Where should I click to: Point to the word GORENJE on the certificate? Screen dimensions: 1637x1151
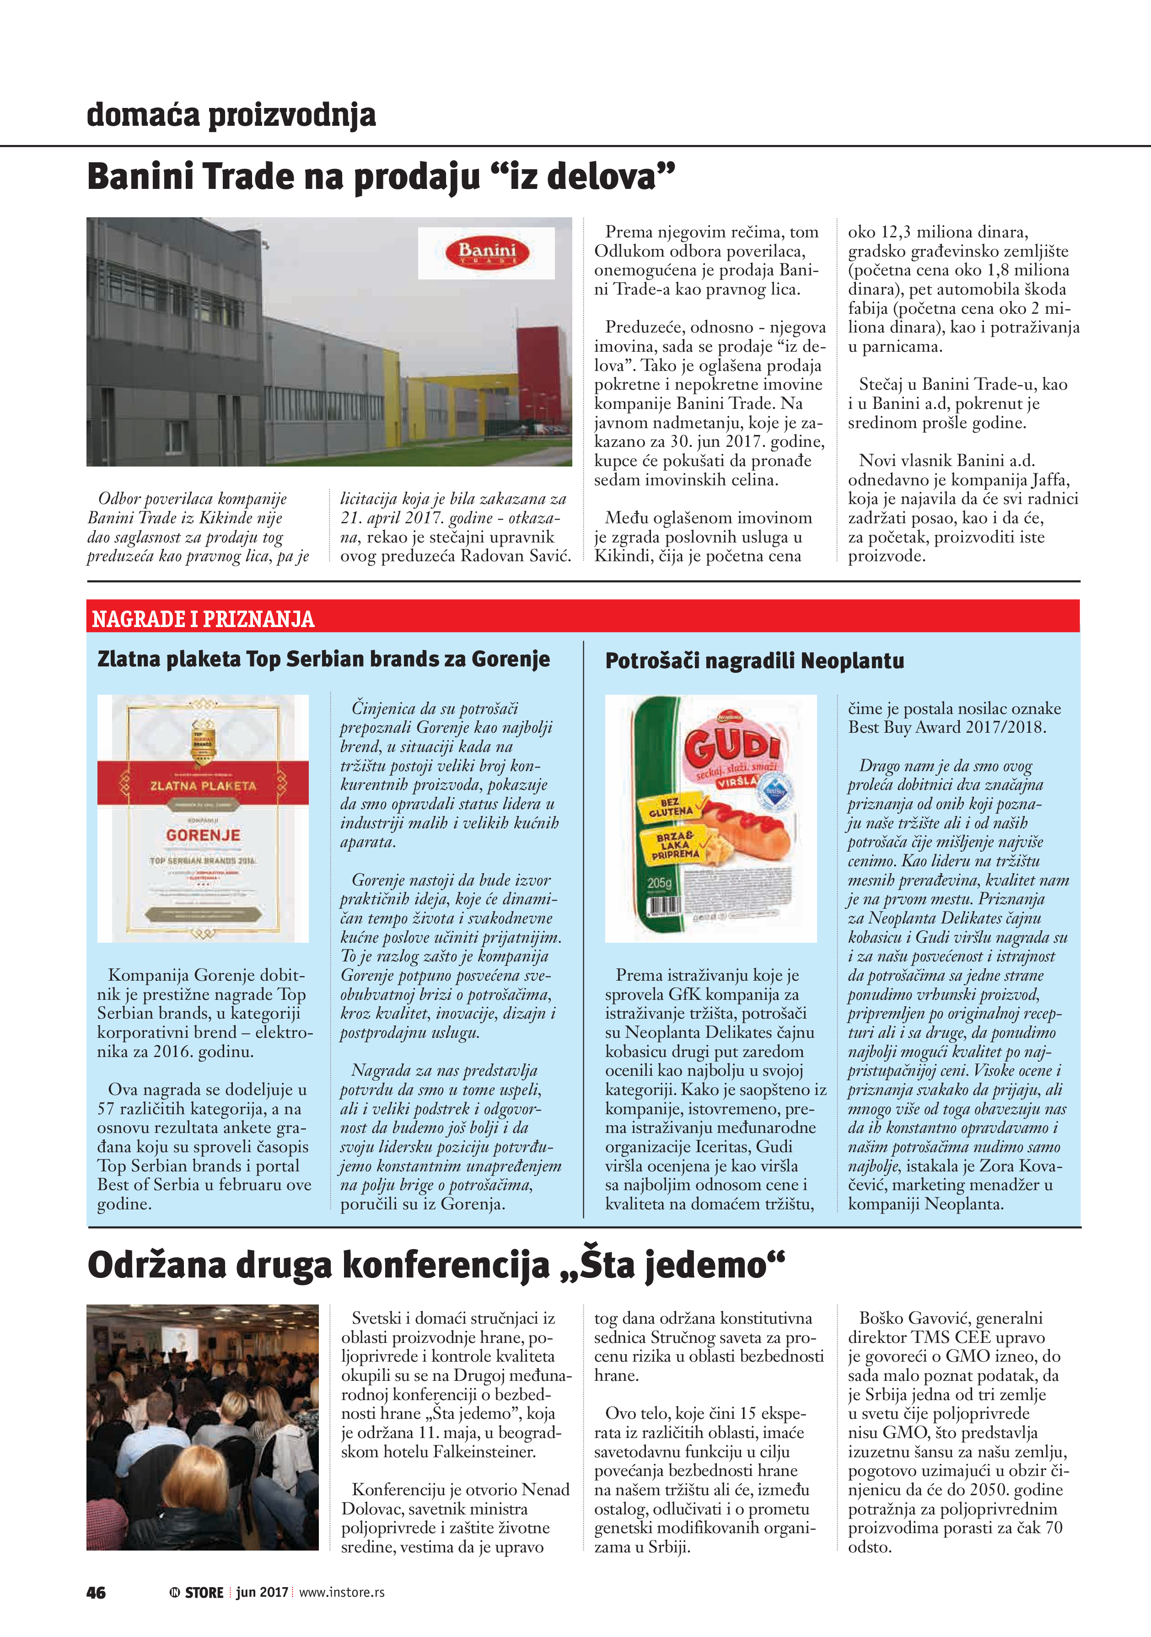203,835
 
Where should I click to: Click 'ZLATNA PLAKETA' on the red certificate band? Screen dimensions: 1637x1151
203,786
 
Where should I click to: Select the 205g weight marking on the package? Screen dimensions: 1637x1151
660,883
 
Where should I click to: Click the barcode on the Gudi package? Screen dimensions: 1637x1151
663,907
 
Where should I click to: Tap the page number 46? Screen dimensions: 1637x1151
96,1593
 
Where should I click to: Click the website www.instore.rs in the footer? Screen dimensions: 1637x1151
342,1593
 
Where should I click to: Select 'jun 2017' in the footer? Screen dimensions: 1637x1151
262,1593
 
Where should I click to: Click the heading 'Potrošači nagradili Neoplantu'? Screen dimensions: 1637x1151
754,661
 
